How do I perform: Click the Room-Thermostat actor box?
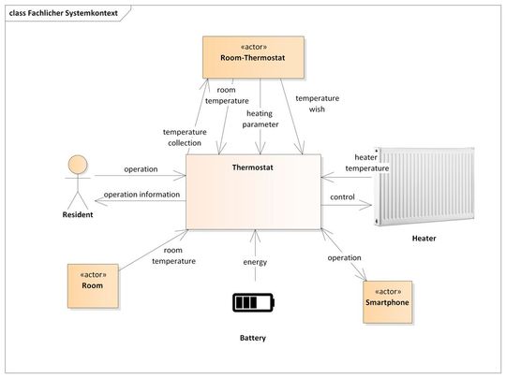pos(253,57)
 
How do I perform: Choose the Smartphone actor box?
pos(388,297)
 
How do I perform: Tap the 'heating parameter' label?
pos(260,119)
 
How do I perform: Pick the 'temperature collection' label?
pos(184,138)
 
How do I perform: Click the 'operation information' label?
pos(141,195)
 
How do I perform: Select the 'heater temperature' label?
pos(365,163)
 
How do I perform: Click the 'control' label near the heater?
pos(343,198)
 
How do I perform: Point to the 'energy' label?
pos(255,262)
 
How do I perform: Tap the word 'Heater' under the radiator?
pos(424,239)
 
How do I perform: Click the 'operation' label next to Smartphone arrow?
pos(344,256)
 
